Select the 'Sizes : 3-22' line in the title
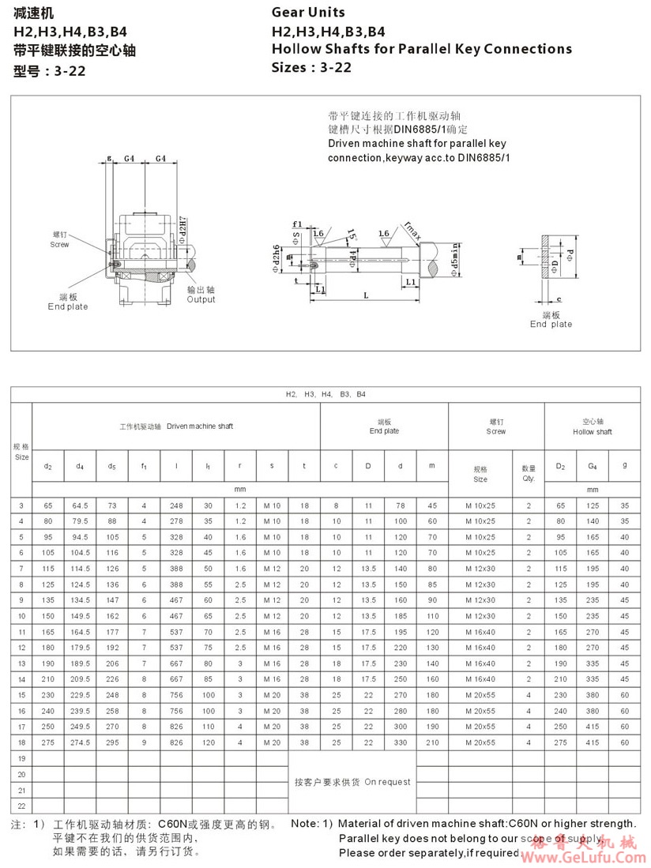coord(311,67)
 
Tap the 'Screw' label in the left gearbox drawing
coord(60,244)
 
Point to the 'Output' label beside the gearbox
coord(201,299)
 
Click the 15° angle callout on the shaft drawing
coord(349,235)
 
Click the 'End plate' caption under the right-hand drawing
coord(551,324)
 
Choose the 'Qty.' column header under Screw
coord(529,479)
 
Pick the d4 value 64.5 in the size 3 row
coord(80,505)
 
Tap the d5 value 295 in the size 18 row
coord(112,743)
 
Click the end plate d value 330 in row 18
coord(400,743)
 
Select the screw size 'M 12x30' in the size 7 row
coord(480,568)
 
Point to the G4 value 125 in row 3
coord(593,505)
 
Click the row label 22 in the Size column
coord(21,806)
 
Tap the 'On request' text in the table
coord(387,782)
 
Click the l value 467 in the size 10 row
coord(176,615)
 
